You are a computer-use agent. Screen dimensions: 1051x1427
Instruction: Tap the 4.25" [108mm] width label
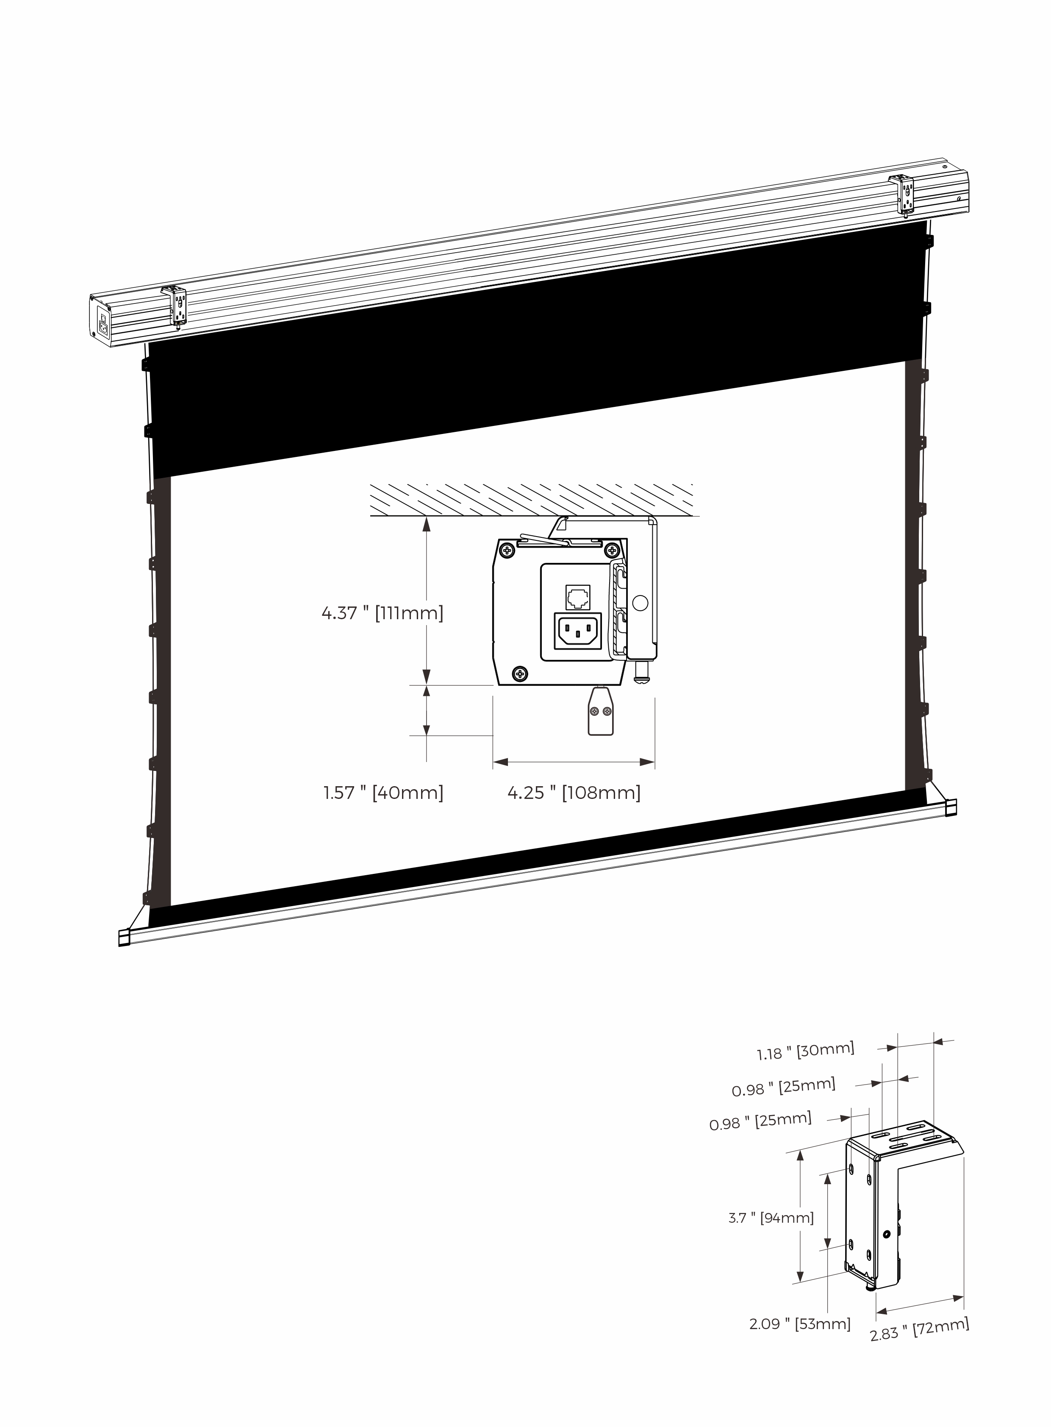point(574,793)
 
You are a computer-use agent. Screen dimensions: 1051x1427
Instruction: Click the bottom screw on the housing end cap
point(520,672)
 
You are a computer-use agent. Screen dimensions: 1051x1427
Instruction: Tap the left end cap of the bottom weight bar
point(124,938)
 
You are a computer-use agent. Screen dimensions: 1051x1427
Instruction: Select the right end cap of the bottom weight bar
point(951,807)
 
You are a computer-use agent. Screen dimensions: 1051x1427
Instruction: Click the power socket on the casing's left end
point(102,328)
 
